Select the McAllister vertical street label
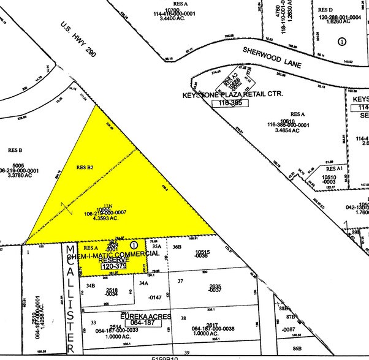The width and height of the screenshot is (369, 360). pos(71,298)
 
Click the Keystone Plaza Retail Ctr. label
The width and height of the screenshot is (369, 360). pos(231,95)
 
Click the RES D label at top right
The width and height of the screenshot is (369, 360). pos(325,10)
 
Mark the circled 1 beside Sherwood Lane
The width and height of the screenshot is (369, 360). pos(342,41)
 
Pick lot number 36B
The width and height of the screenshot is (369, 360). pos(178,247)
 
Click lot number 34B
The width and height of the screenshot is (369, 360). pos(91,285)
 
